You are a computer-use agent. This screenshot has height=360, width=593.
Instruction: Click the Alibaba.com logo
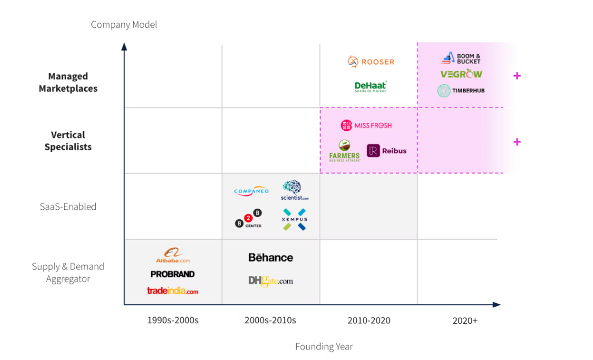point(173,256)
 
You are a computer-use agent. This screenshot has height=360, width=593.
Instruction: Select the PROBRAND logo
point(173,274)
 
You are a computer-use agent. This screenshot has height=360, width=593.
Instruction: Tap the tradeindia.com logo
point(173,290)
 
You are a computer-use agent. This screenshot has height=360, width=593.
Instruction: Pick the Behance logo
point(271,257)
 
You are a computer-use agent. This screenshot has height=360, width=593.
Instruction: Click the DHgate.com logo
point(271,281)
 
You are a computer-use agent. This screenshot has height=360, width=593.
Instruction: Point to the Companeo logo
point(251,191)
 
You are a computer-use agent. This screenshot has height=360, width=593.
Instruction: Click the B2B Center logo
point(248,218)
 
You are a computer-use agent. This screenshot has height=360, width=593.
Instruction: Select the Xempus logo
point(294,219)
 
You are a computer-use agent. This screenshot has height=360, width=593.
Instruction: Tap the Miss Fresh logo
point(366,125)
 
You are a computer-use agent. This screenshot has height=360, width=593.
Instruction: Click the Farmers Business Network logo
point(344,150)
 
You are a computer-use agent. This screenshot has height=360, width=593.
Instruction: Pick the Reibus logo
point(386,151)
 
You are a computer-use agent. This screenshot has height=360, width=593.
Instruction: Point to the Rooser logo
point(371,61)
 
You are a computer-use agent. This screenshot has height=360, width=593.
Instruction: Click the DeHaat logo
point(370,87)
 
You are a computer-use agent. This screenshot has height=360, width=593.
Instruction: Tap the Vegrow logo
point(461,74)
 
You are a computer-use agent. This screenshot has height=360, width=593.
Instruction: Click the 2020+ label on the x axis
point(465,320)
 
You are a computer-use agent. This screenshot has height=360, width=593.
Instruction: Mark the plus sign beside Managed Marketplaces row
point(517,76)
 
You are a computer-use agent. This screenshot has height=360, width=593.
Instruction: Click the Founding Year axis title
point(324,347)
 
